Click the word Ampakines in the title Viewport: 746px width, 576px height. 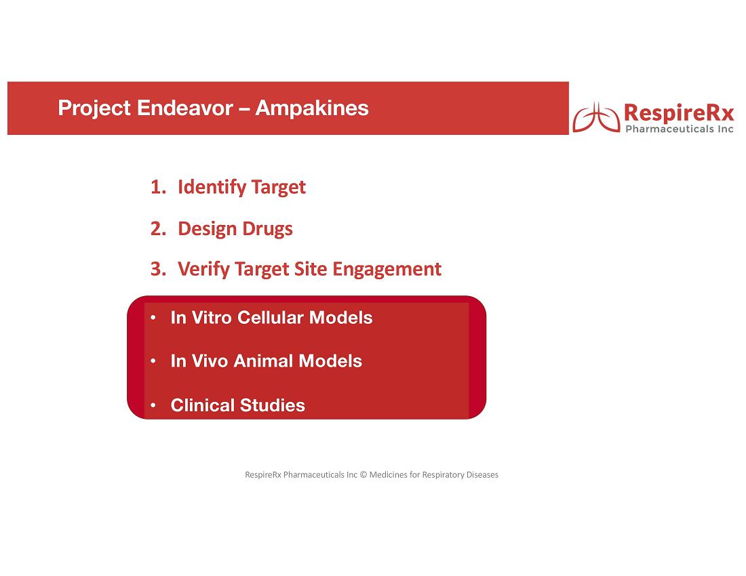point(312,108)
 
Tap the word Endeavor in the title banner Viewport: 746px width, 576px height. point(185,108)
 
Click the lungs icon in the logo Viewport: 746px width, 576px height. point(597,117)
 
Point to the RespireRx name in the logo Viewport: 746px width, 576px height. point(679,113)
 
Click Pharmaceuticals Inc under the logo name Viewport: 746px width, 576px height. point(680,129)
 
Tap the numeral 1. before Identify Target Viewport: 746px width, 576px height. point(159,187)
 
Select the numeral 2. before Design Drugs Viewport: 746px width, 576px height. point(159,228)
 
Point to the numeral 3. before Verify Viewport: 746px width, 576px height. point(159,269)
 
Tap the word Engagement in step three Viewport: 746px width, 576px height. point(387,270)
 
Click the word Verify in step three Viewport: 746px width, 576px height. point(203,270)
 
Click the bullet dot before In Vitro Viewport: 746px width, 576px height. point(153,317)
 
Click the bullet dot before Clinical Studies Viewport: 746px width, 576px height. point(153,405)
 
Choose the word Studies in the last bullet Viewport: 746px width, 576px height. point(273,405)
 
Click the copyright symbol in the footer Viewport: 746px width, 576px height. point(364,475)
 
